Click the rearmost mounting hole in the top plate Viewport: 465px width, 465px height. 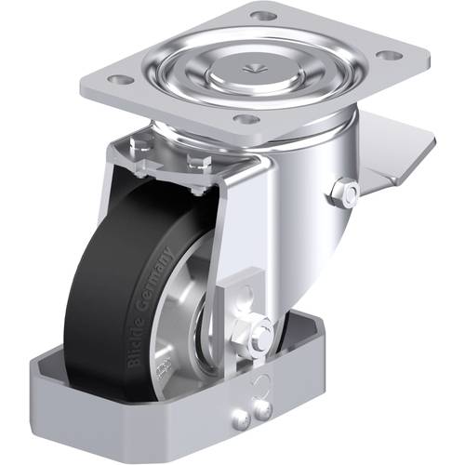pos(264,16)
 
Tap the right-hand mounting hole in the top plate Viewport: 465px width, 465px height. pos(392,56)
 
